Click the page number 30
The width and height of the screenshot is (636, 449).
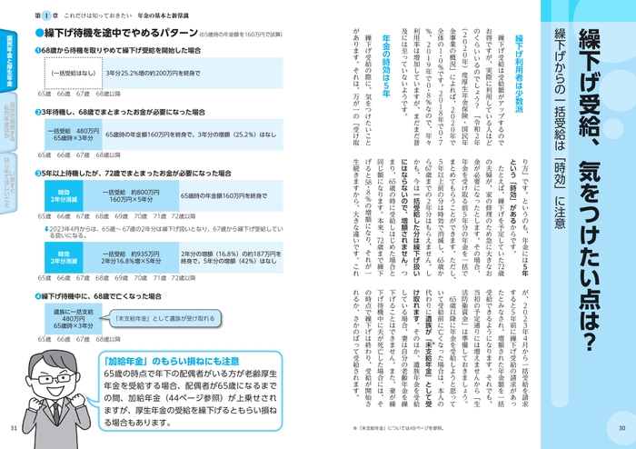point(622,429)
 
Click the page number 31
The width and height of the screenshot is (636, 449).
point(12,429)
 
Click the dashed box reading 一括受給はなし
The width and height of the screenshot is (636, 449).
point(73,72)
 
